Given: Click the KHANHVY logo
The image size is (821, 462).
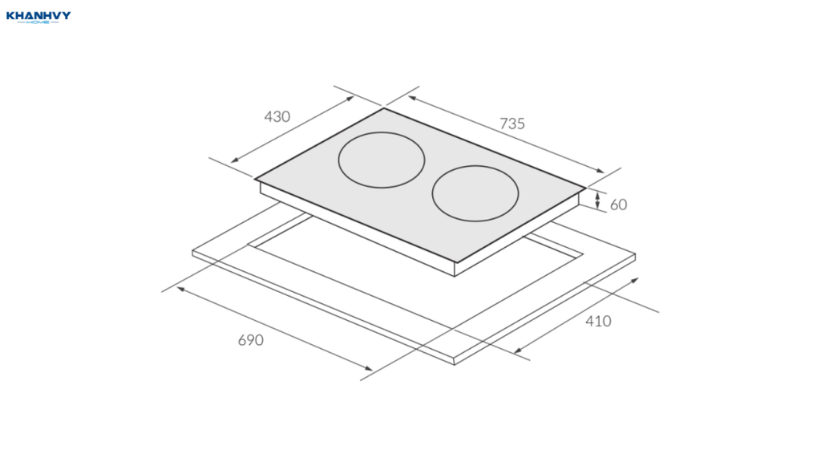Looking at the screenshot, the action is click(38, 18).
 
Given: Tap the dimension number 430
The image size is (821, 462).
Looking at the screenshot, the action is click(277, 116).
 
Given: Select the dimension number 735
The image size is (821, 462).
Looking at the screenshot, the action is click(512, 124).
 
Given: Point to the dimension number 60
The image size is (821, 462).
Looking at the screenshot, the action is click(618, 205).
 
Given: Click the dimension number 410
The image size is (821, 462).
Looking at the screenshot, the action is click(598, 321).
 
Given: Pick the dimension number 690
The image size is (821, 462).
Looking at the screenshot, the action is click(251, 340).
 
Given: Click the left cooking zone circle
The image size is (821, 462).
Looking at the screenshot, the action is click(339, 160).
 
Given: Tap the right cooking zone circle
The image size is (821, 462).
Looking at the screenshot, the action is click(432, 193).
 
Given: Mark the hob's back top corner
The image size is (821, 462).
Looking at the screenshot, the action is click(384, 108).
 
